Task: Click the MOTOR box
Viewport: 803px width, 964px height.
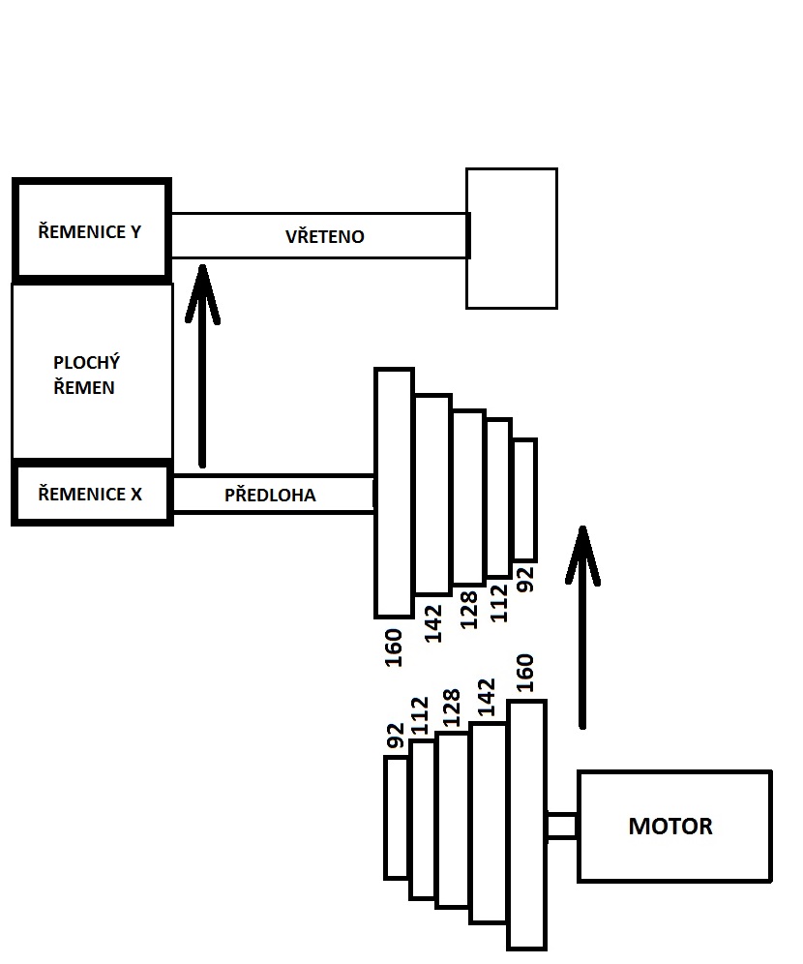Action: coord(674,826)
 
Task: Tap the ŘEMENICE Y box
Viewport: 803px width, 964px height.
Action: coord(92,231)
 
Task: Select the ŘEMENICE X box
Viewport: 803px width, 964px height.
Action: coord(92,494)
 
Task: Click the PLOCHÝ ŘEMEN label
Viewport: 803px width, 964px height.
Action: coord(86,376)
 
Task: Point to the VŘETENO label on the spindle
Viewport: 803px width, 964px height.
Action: coord(325,236)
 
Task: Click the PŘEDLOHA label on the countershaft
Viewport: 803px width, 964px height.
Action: coord(270,495)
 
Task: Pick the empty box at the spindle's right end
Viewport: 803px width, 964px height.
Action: coord(512,238)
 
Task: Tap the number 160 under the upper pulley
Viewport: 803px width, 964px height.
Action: coord(394,648)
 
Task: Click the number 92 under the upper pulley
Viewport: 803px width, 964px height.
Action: coord(526,580)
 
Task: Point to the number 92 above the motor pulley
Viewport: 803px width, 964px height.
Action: coord(395,736)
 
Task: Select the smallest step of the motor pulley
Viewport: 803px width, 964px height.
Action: coord(396,817)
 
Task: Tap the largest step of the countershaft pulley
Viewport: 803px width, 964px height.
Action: coord(394,493)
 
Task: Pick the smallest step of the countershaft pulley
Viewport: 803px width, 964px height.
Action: coord(524,499)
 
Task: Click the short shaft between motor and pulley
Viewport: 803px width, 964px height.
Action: coord(561,826)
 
